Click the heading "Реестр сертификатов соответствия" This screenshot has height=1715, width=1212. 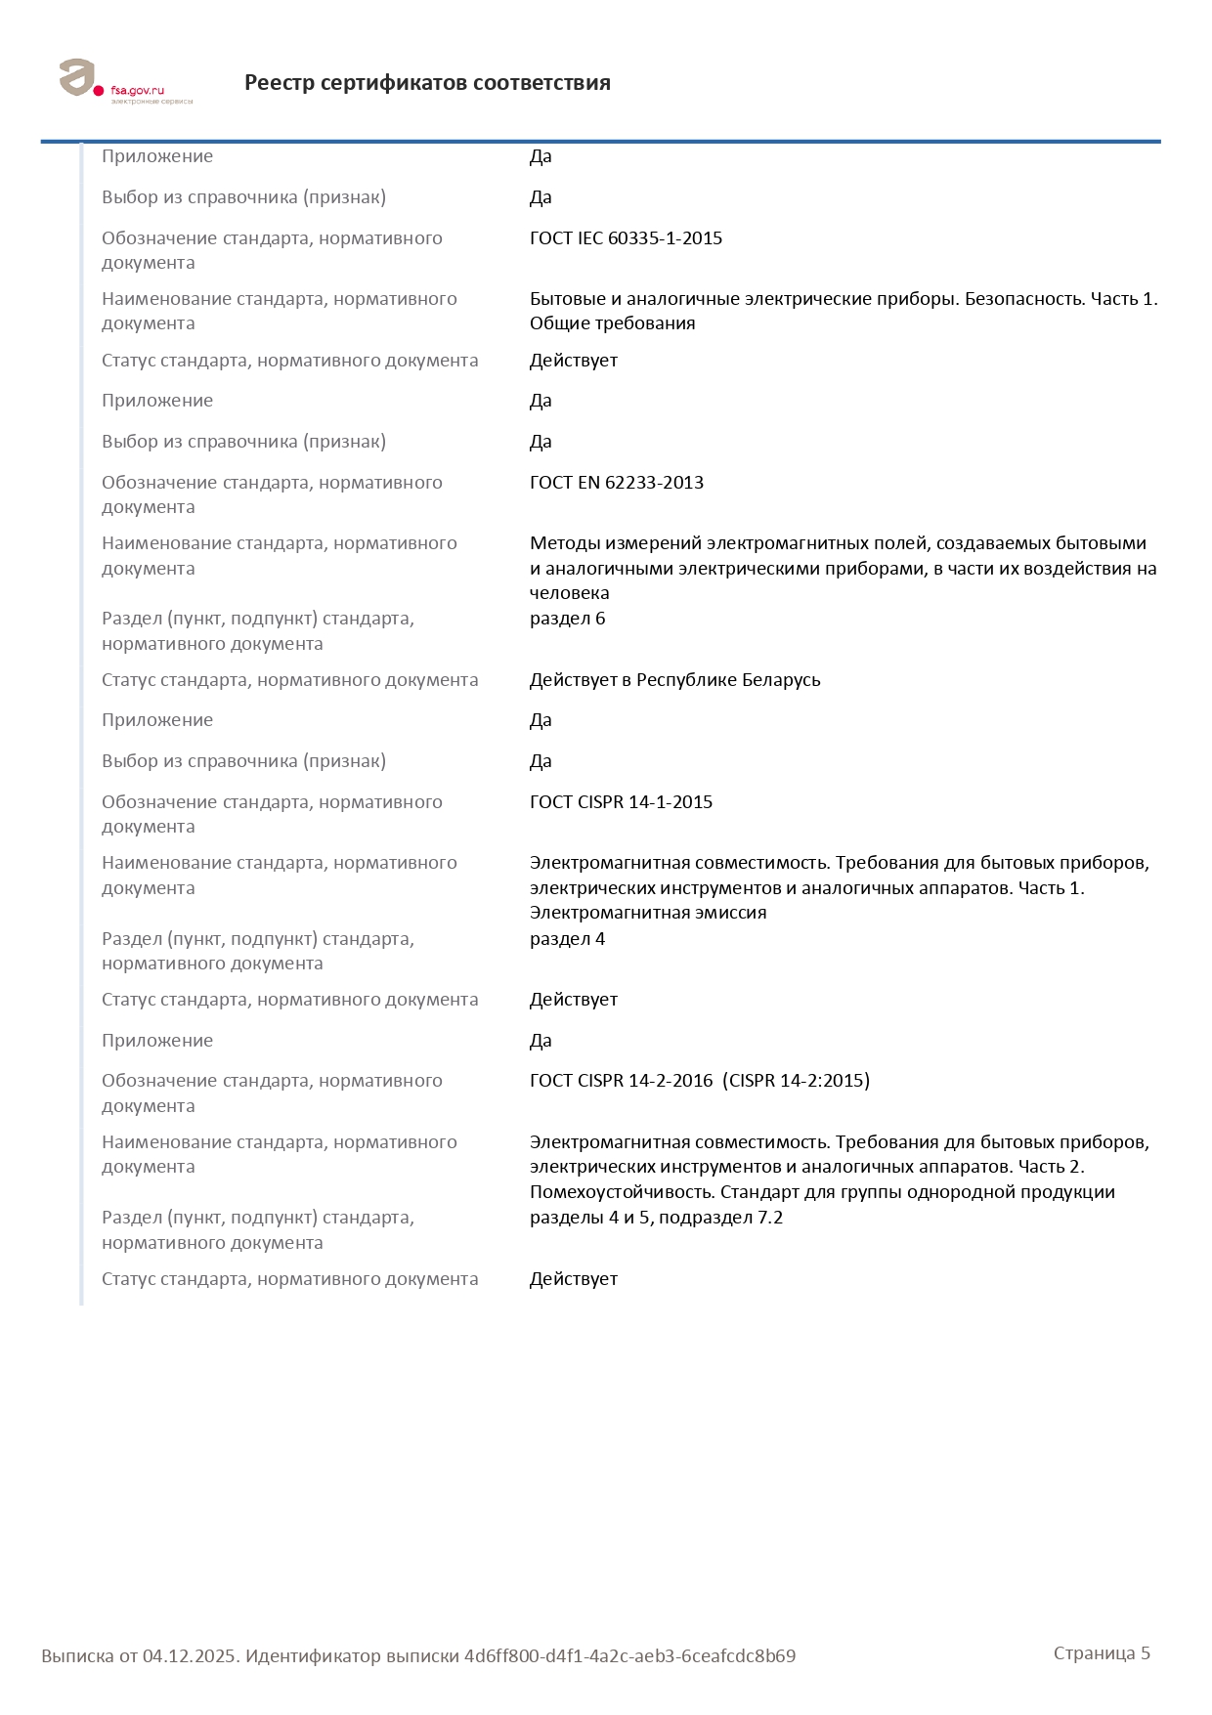[x=427, y=83]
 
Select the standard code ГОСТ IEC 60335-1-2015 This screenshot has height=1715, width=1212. [x=626, y=238]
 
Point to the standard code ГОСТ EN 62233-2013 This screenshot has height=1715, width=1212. [x=616, y=483]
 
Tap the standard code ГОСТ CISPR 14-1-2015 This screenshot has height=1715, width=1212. [x=621, y=802]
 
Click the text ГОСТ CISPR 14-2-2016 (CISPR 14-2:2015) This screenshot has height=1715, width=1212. [x=699, y=1081]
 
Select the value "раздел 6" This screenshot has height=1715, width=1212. [x=567, y=619]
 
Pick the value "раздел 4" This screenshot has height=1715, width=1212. [x=567, y=939]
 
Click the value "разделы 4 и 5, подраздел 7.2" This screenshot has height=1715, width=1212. [x=656, y=1218]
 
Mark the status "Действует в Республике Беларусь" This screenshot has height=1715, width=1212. [x=674, y=680]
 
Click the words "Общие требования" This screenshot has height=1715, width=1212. [x=612, y=323]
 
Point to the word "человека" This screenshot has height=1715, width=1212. [x=569, y=593]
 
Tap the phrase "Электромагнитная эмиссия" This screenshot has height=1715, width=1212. [x=647, y=913]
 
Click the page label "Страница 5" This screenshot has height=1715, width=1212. [x=1102, y=1653]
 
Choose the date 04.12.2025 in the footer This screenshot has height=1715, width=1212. [x=190, y=1656]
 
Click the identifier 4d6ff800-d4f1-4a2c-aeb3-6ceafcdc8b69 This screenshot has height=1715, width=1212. [x=629, y=1656]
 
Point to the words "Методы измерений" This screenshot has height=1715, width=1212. [x=614, y=543]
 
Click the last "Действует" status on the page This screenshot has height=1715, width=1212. [x=573, y=1279]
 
